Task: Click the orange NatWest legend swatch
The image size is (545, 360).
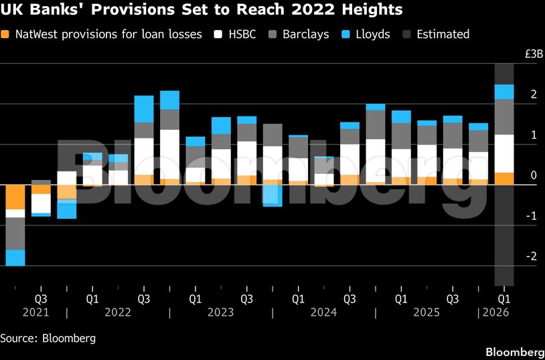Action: coord(6,33)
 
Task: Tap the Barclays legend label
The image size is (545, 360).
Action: coord(305,33)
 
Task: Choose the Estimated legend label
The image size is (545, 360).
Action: coord(443,33)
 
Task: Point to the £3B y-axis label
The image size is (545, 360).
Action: coord(526,54)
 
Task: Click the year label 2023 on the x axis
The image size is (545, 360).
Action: coord(221,312)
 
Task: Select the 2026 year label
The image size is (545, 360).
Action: coord(495,312)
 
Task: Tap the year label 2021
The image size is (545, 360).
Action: coord(35,312)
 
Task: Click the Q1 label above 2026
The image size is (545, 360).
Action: coord(503,298)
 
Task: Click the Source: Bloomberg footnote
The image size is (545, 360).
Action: coord(48,338)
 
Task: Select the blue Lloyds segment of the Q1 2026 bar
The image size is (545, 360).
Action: coord(503,92)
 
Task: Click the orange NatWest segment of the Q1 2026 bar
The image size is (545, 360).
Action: coord(503,178)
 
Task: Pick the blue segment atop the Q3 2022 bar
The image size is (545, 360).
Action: coord(144,108)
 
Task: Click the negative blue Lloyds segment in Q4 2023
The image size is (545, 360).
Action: coord(272,195)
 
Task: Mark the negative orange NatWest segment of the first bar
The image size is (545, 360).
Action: coord(15,197)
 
